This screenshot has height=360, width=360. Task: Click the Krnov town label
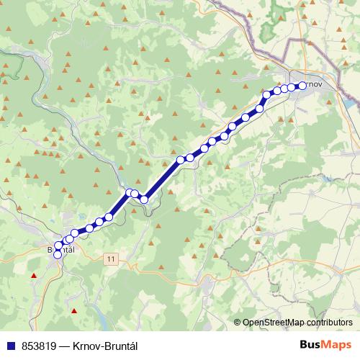[315, 86]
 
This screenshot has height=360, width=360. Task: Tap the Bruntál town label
[60, 250]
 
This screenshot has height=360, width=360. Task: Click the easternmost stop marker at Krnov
[301, 86]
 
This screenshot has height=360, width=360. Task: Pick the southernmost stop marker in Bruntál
[58, 254]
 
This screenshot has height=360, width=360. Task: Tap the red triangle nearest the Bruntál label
[32, 275]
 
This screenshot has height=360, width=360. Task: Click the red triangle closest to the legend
[73, 310]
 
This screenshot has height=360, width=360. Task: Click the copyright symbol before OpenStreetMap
[238, 323]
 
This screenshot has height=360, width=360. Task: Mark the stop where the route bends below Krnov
[266, 94]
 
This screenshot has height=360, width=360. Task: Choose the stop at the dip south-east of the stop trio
[144, 199]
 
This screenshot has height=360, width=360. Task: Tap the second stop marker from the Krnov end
[292, 87]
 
